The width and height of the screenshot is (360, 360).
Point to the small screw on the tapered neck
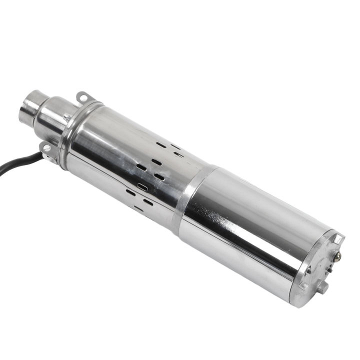(66, 117)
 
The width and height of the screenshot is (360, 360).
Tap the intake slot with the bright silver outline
(143, 187)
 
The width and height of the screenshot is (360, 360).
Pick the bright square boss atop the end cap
(339, 239)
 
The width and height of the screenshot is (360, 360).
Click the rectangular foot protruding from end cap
(323, 287)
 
